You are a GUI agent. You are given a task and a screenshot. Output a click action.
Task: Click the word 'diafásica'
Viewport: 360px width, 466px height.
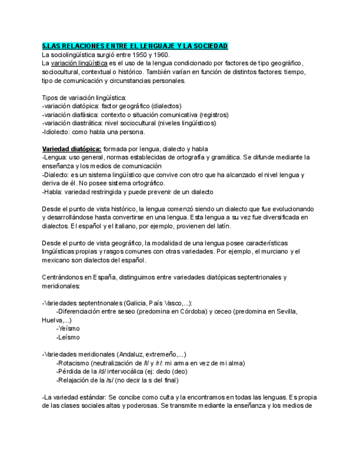(86, 115)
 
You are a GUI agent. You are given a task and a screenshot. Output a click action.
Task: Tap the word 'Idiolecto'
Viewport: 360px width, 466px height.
(57, 132)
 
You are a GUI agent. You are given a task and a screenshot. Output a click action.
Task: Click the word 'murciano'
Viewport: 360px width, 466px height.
(274, 252)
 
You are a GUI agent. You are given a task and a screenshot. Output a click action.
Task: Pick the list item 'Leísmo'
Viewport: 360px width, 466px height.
(68, 337)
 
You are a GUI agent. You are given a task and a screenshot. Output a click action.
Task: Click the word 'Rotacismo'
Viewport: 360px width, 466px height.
(73, 363)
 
